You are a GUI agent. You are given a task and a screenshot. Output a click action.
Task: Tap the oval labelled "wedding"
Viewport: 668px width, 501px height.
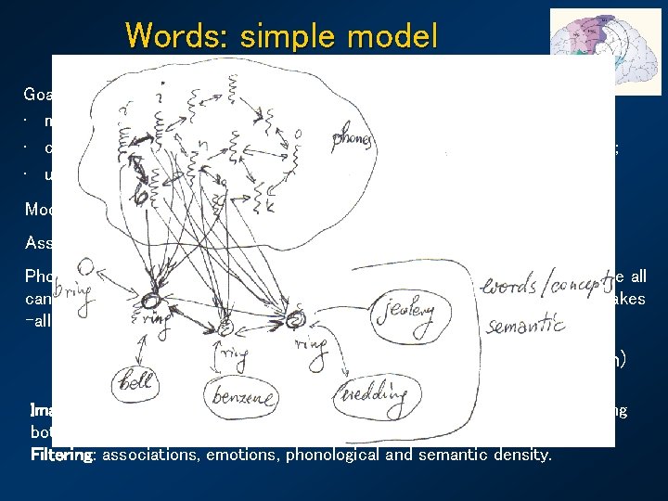[373, 394]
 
